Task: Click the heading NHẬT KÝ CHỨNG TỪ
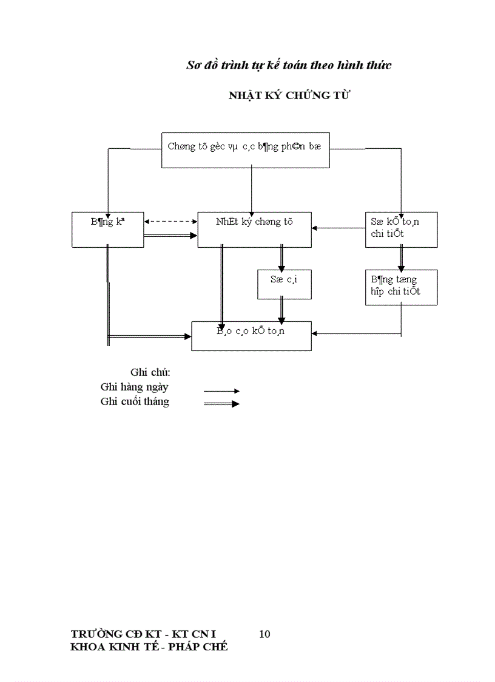point(289,95)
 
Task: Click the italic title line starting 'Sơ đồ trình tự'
point(288,65)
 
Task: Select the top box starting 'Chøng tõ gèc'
point(245,150)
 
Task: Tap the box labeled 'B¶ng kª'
point(107,230)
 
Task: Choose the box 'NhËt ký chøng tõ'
point(254,230)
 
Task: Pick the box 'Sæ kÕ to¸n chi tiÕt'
point(401,230)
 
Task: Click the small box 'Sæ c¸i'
point(285,284)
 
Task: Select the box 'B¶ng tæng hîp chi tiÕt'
point(401,287)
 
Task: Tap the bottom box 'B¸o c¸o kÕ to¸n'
point(251,336)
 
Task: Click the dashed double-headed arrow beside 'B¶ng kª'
point(171,222)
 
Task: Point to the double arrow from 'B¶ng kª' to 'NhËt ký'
point(171,236)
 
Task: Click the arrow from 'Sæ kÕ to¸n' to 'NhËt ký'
point(338,228)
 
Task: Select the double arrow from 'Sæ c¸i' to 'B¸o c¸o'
point(281,310)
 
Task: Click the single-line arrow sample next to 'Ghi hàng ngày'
point(221,391)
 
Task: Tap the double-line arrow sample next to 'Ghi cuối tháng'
point(221,404)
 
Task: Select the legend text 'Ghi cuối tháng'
point(135,401)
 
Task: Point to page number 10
point(264,634)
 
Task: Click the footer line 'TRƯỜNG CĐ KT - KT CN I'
point(143,634)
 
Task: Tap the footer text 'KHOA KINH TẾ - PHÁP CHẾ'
point(149,647)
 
